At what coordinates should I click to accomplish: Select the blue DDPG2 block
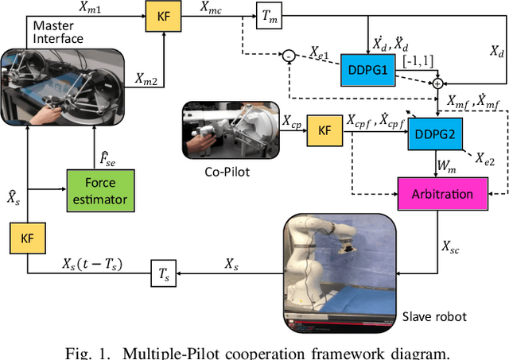pyautogui.click(x=433, y=134)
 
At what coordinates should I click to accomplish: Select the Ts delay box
pyautogui.click(x=165, y=276)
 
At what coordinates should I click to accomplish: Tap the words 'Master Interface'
pyautogui.click(x=57, y=33)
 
